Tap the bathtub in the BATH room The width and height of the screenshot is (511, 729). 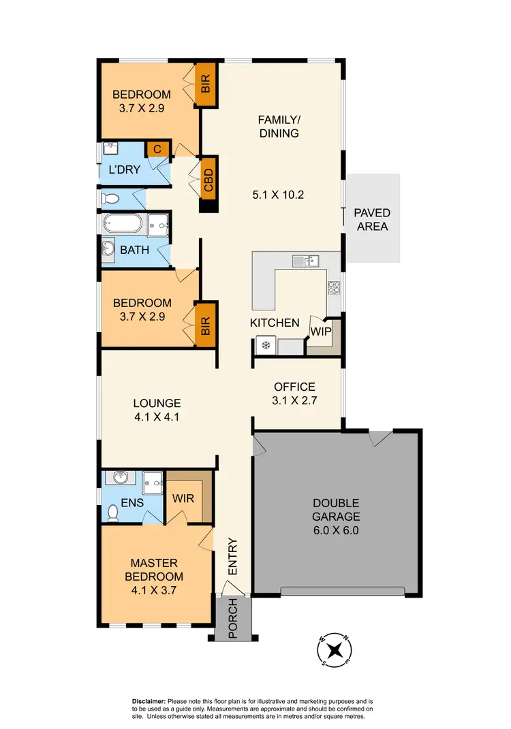(x=123, y=224)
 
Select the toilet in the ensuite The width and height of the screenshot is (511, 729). (x=113, y=512)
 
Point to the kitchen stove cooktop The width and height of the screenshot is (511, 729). (x=334, y=287)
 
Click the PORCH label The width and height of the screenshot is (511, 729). (x=232, y=618)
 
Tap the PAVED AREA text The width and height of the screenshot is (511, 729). (x=372, y=219)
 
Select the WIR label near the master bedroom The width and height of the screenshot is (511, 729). (x=183, y=498)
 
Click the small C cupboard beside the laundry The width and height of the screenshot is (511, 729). (x=157, y=149)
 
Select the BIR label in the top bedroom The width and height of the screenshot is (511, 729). (x=205, y=84)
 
